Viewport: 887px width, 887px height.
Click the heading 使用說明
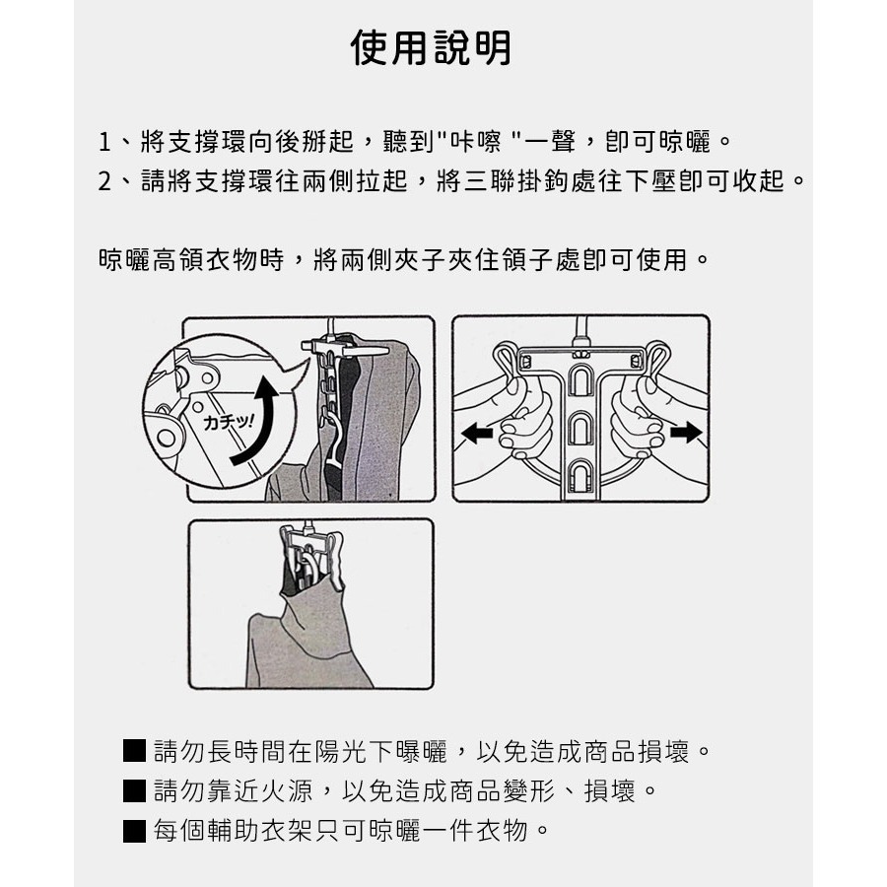click(x=432, y=46)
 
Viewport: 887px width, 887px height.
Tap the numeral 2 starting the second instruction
click(x=105, y=182)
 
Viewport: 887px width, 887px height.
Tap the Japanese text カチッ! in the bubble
click(x=229, y=422)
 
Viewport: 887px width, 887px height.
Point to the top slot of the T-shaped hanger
click(x=580, y=379)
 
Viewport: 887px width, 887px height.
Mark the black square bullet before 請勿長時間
click(x=135, y=752)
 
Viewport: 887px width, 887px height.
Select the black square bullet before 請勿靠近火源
click(x=135, y=790)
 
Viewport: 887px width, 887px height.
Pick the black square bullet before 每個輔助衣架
click(x=135, y=829)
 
